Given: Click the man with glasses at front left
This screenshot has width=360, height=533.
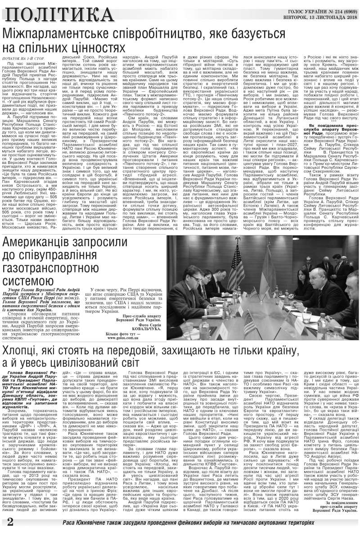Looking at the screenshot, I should coord(200,293).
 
